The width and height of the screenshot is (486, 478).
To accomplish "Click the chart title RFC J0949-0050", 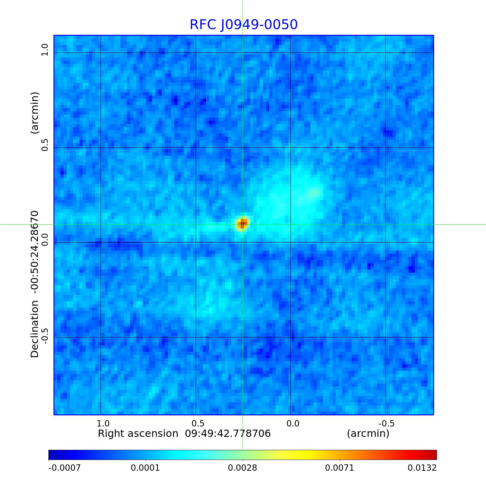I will pos(243,25).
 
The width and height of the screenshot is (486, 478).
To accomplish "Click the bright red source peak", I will pos(243,224).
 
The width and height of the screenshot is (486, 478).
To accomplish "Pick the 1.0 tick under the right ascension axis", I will pos(103,423).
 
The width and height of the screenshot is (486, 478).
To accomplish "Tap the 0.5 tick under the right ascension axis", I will pos(198,423).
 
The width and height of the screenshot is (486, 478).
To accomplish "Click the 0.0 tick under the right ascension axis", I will pos(293,423).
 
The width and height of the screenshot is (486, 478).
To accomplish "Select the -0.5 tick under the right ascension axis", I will pos(386,423).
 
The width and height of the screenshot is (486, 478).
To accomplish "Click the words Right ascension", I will pos(138,433).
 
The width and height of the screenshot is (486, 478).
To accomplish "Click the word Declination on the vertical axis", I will pos(34,329).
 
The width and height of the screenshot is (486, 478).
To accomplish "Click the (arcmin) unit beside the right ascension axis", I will pos(368,433).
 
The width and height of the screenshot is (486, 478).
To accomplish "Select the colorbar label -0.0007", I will pos(65,468).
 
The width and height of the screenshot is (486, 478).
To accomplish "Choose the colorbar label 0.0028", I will pos(242,468).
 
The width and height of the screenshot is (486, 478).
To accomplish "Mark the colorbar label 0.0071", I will pos(340,468).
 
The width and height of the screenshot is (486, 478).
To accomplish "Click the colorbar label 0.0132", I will pos(422,468).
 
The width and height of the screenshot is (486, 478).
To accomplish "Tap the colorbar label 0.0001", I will pos(146,468).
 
